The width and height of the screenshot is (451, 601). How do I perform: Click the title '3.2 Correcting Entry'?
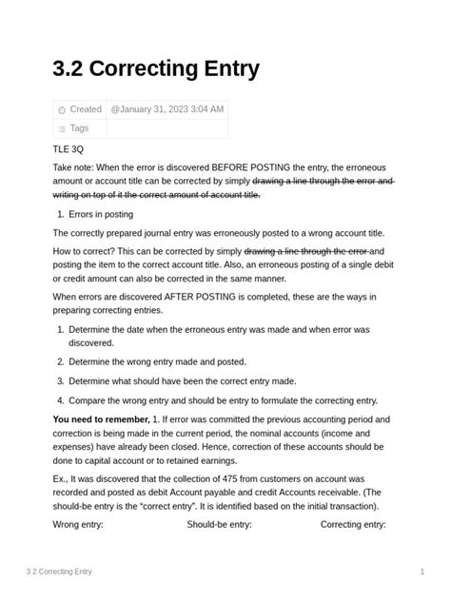[x=156, y=69]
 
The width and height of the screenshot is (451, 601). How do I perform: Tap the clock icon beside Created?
[x=62, y=110]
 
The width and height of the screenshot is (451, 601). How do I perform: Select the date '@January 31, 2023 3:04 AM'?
[x=167, y=109]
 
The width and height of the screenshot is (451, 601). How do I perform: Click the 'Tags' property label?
[x=79, y=128]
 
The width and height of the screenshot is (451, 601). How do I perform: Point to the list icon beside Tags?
[x=62, y=129]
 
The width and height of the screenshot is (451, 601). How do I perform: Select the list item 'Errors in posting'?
[x=101, y=214]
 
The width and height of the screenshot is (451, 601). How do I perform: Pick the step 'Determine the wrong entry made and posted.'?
[x=157, y=361]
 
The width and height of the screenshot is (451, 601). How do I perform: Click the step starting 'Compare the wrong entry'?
[x=223, y=400]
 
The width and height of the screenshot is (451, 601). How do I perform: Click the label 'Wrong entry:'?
[x=78, y=524]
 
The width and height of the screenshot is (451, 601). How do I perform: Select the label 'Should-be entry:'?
[x=219, y=524]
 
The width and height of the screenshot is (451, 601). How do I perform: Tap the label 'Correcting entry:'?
[x=353, y=524]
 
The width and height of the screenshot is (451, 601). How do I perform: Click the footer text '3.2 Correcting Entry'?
[x=59, y=572]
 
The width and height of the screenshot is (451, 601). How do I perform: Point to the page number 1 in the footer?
[x=422, y=572]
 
